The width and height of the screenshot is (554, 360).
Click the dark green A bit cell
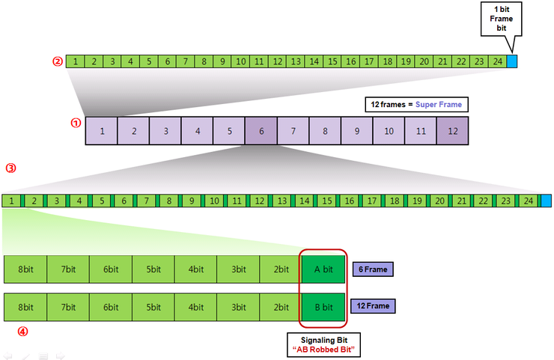click(x=323, y=269)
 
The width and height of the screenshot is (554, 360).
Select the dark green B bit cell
click(x=323, y=306)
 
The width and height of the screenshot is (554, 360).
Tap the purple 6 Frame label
click(x=373, y=269)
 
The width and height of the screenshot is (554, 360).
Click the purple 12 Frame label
click(x=373, y=306)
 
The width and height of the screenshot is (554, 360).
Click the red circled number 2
click(x=57, y=61)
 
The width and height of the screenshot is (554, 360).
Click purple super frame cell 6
click(x=261, y=132)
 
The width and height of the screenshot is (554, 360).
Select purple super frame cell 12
click(x=452, y=132)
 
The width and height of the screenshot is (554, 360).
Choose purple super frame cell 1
click(x=102, y=132)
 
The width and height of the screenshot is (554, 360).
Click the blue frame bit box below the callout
click(x=512, y=61)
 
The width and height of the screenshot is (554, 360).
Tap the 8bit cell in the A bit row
click(x=25, y=269)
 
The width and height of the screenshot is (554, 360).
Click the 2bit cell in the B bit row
click(x=281, y=306)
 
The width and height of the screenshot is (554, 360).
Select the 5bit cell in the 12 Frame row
click(x=153, y=306)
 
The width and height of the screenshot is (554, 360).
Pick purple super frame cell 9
click(x=357, y=132)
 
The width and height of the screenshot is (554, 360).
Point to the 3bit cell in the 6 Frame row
click(x=238, y=269)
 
